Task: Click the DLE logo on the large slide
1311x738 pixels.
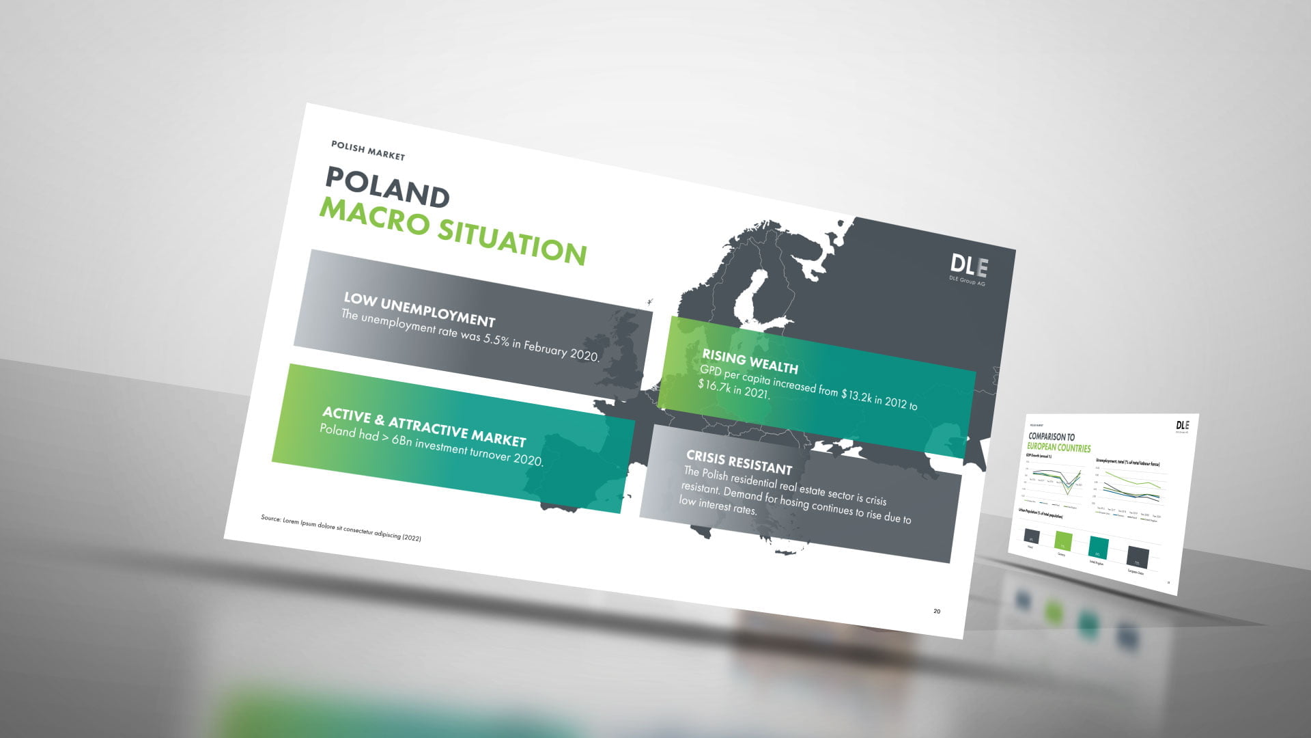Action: click(968, 266)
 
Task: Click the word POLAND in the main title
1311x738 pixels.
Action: click(387, 187)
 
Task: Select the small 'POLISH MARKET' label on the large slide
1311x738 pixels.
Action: click(367, 150)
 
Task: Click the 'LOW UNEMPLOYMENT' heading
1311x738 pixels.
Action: click(419, 309)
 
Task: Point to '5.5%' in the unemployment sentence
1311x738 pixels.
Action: click(496, 340)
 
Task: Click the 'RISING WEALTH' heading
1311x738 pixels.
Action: click(750, 361)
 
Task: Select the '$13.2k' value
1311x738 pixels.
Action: click(856, 395)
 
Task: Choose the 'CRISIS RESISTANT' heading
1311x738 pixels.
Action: click(739, 462)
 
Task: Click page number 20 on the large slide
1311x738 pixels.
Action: click(937, 611)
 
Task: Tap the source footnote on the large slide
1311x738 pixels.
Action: click(341, 528)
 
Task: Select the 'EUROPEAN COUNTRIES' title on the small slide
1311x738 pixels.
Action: click(1059, 448)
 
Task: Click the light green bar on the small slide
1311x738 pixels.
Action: click(1063, 541)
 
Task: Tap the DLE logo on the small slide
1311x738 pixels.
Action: click(1182, 426)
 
